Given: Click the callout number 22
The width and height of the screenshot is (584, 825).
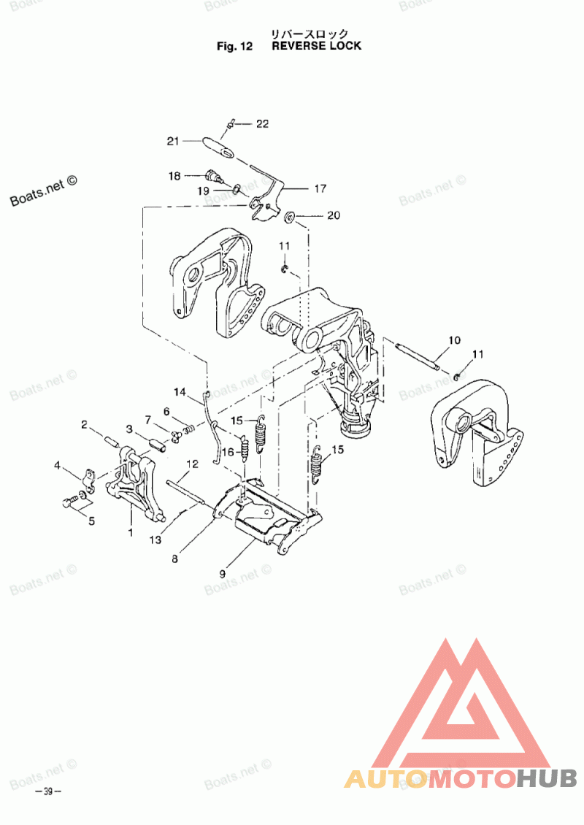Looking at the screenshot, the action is [x=262, y=124].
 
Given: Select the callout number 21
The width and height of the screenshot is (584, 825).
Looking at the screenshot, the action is [x=173, y=141].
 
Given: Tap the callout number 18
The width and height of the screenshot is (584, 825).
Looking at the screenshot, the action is [x=175, y=176].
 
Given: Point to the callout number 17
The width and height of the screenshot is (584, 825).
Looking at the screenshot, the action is [x=320, y=188].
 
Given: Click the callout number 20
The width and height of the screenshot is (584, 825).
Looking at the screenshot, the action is [x=334, y=215].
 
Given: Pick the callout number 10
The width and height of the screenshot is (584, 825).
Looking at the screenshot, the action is [x=454, y=340].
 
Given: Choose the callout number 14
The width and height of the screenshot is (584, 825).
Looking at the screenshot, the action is [x=180, y=393].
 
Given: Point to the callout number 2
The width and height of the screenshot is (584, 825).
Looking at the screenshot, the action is [x=85, y=424].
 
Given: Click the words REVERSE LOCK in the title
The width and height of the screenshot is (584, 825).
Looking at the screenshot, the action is [x=316, y=46].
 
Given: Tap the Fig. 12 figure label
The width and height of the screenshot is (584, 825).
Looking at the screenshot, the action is [x=234, y=46].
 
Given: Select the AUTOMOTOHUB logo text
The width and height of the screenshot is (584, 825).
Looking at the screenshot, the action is [x=461, y=778].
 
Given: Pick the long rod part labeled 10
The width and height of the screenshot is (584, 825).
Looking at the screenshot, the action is [x=417, y=356].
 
